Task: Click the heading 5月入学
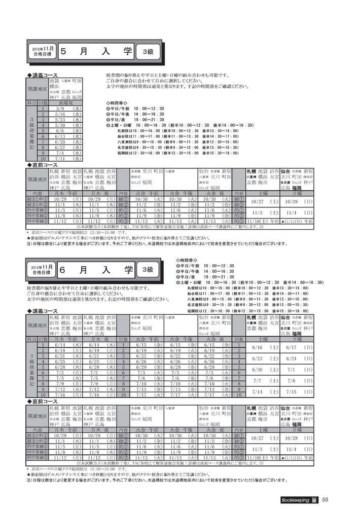[x=96, y=52]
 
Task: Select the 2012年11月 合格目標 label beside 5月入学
[x=43, y=52]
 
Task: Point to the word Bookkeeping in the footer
[x=296, y=499]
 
